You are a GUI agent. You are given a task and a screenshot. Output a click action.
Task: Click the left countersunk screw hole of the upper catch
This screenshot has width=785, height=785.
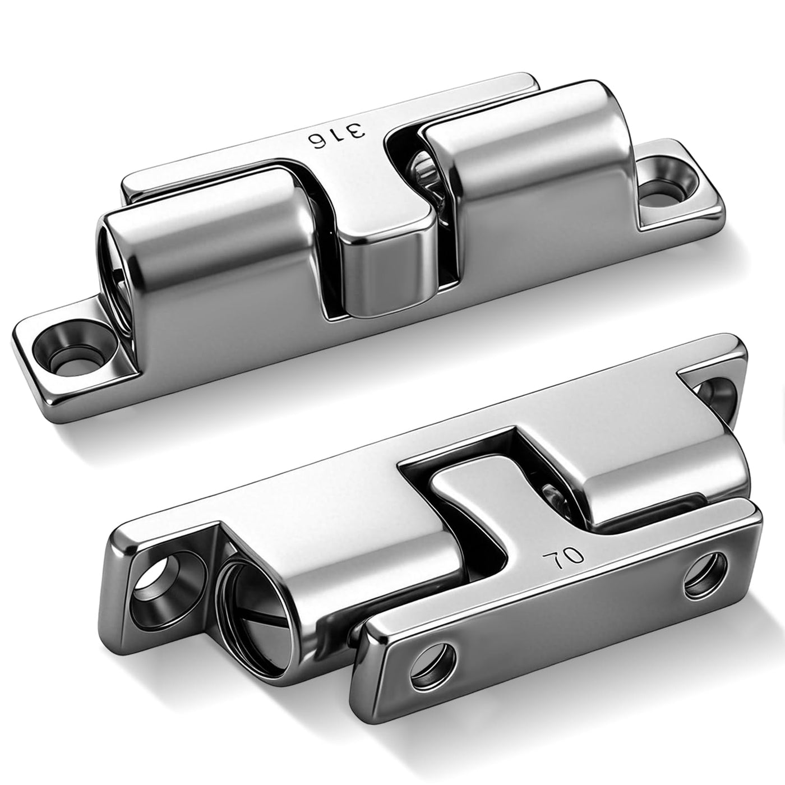[x=74, y=351]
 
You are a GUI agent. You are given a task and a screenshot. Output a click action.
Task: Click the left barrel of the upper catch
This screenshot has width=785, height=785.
[x=212, y=248]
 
